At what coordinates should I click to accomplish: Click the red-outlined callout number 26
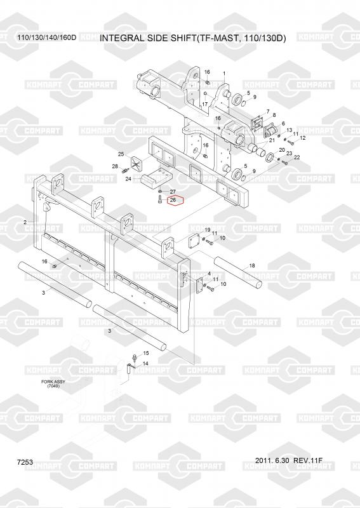click(x=173, y=200)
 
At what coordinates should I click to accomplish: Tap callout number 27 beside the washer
click(x=173, y=192)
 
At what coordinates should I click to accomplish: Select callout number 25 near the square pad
click(x=121, y=154)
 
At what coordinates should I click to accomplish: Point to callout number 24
click(x=128, y=179)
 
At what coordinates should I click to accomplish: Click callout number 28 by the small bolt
click(x=115, y=166)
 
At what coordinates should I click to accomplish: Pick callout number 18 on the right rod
click(x=252, y=265)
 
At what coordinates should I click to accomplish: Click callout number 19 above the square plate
click(x=208, y=230)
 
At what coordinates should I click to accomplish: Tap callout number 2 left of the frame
click(x=25, y=222)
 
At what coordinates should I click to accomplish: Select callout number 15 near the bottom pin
click(x=146, y=353)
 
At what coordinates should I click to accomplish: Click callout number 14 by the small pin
click(x=145, y=363)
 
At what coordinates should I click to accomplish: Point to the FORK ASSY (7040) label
click(x=53, y=384)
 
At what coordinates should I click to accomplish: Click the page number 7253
click(x=25, y=462)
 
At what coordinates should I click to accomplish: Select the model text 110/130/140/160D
click(x=46, y=37)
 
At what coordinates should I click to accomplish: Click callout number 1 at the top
click(x=224, y=74)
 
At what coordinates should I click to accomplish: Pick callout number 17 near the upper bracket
click(x=205, y=104)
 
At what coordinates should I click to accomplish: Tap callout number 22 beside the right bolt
click(x=297, y=157)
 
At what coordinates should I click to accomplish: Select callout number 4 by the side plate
click(x=210, y=274)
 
